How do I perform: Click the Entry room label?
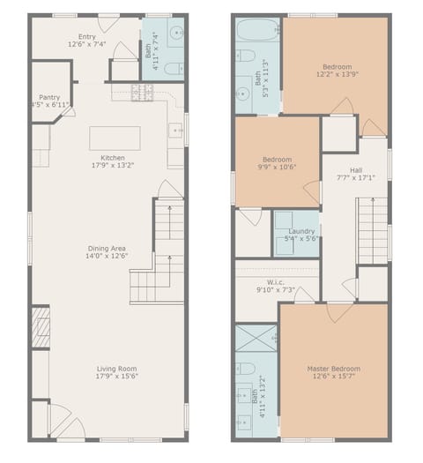[86, 36]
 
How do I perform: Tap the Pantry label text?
[49, 97]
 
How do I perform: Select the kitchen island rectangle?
[115, 138]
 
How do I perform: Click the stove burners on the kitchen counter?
[143, 91]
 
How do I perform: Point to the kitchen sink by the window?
[176, 131]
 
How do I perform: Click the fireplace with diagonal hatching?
[41, 326]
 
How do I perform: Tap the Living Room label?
[116, 369]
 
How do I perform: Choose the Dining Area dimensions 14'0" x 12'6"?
[107, 258]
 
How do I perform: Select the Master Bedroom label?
[333, 369]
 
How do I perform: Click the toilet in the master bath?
[247, 368]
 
